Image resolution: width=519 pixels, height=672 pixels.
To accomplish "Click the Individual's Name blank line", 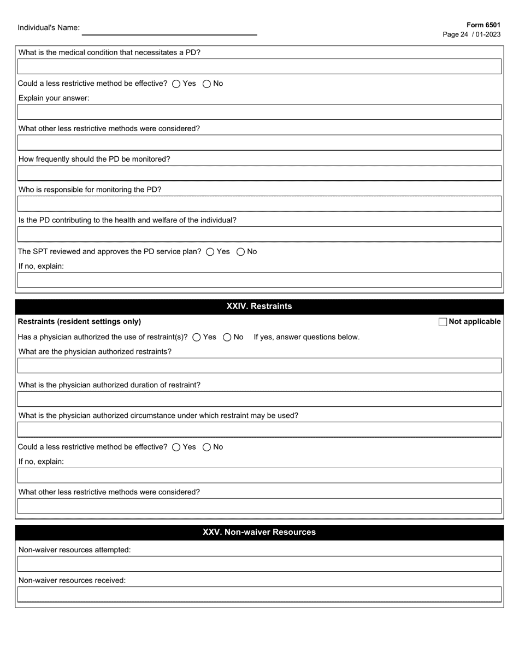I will pyautogui.click(x=169, y=30).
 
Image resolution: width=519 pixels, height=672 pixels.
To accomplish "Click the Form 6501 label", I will pyautogui.click(x=483, y=25).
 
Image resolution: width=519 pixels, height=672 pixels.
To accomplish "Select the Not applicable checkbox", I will pyautogui.click(x=443, y=322).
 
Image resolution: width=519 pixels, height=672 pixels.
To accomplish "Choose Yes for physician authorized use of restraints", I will pyautogui.click(x=197, y=337).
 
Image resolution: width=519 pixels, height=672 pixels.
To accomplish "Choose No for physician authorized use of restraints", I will pyautogui.click(x=227, y=337).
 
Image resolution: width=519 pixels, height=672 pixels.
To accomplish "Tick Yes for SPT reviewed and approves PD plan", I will pyautogui.click(x=210, y=252).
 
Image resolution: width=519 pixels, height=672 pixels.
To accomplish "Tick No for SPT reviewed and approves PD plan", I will pyautogui.click(x=241, y=252).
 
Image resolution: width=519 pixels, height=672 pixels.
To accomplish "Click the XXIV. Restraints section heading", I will pyautogui.click(x=259, y=306).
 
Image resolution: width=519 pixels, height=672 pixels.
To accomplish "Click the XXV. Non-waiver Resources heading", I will pyautogui.click(x=259, y=532).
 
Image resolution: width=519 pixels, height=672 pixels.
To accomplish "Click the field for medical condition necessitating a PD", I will pyautogui.click(x=259, y=67).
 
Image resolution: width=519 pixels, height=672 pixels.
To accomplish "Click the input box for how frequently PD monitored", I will pyautogui.click(x=259, y=173).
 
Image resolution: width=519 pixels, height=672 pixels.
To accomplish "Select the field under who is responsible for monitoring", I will pyautogui.click(x=259, y=204).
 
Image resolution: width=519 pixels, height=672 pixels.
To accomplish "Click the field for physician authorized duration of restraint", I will pyautogui.click(x=259, y=399).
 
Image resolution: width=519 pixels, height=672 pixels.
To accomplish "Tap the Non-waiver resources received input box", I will pyautogui.click(x=259, y=594).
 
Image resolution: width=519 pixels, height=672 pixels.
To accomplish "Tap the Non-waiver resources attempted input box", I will pyautogui.click(x=259, y=564).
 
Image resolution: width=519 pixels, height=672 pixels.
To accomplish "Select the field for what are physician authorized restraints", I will pyautogui.click(x=259, y=366).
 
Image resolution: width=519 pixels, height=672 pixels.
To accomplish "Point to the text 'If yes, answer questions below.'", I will pyautogui.click(x=306, y=337).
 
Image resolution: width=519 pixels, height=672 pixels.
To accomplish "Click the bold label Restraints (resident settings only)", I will pyautogui.click(x=79, y=322).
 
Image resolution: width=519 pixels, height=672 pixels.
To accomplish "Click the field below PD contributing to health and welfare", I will pyautogui.click(x=259, y=234).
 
